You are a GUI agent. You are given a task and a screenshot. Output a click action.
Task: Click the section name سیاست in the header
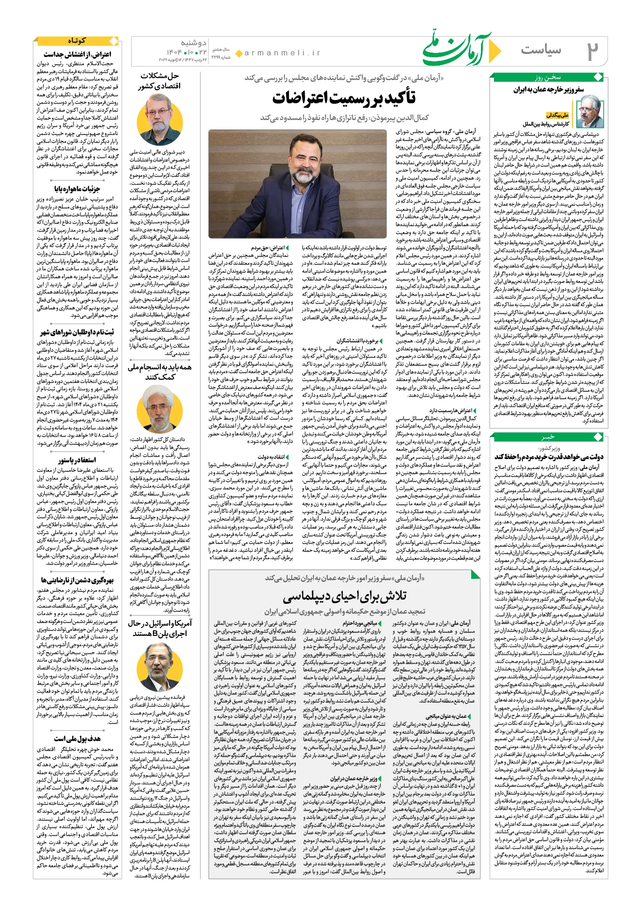click(541, 50)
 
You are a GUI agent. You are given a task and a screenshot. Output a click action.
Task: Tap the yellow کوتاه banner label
click(76, 41)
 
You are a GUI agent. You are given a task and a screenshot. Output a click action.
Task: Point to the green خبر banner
click(548, 437)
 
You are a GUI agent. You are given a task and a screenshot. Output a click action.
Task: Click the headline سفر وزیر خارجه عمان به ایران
click(548, 89)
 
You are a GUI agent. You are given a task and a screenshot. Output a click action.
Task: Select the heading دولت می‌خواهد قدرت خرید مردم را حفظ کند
click(549, 456)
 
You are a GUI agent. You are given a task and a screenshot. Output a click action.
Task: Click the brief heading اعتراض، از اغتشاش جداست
click(78, 54)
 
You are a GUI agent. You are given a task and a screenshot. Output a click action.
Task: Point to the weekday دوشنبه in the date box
click(194, 43)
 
